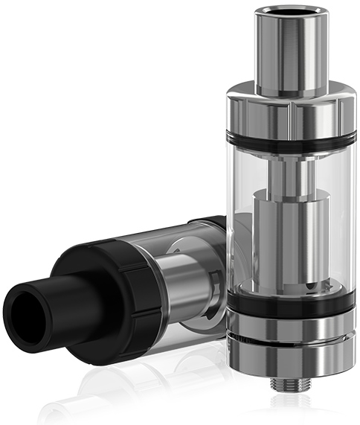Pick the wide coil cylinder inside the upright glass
283,238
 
